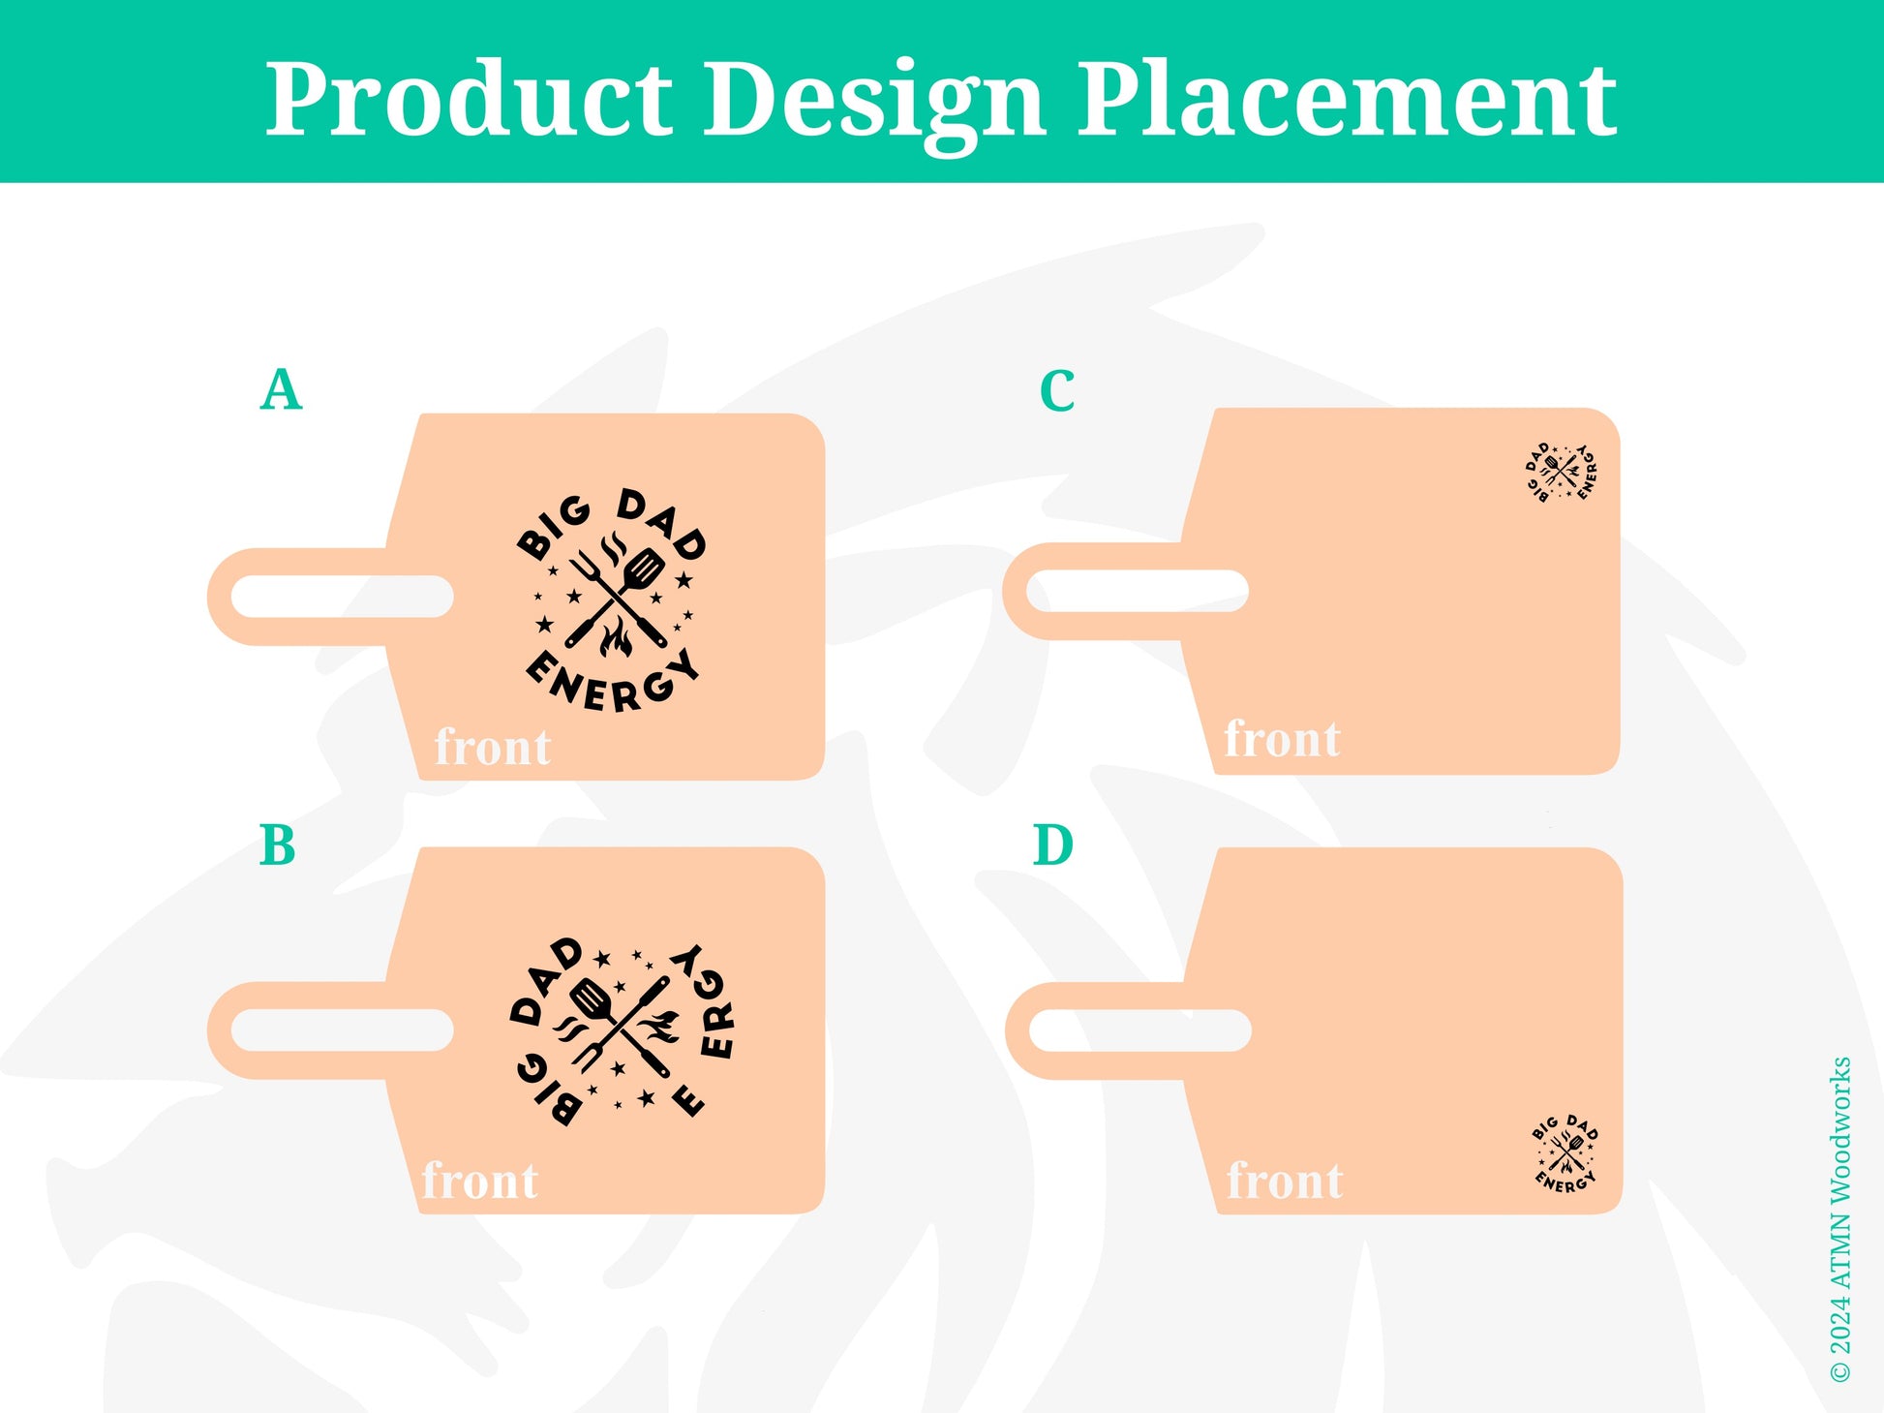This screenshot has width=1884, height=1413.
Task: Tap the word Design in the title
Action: point(874,105)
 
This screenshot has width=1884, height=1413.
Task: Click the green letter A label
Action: point(281,390)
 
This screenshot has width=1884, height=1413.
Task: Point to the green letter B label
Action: point(277,845)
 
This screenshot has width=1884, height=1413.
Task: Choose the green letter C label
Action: point(1057,391)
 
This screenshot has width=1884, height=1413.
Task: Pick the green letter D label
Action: point(1053,845)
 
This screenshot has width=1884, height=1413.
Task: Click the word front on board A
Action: point(493,747)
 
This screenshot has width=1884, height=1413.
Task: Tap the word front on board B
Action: point(480,1181)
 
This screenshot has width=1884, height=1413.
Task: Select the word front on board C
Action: point(1283,739)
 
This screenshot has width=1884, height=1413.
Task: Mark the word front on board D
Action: point(1285,1181)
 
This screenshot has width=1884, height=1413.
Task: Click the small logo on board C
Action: point(1561,473)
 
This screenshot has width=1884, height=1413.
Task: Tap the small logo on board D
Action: point(1565,1152)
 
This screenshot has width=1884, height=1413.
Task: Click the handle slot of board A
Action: point(343,597)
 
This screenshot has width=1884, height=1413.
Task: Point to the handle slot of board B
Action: point(343,1030)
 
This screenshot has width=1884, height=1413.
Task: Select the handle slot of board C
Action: point(1138,591)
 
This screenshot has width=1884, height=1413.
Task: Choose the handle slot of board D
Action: point(1140,1030)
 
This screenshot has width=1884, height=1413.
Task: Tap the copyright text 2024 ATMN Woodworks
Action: point(1840,1219)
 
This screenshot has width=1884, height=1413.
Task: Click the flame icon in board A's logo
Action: point(616,639)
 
